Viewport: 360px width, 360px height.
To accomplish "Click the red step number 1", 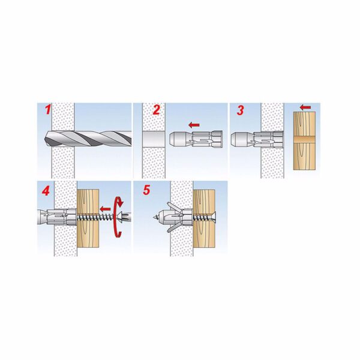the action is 48,110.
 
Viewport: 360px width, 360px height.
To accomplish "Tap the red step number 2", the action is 156,110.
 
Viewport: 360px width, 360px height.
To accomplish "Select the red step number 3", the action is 240,110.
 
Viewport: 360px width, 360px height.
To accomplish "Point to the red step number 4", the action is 46,191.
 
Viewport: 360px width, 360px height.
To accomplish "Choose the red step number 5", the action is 146,190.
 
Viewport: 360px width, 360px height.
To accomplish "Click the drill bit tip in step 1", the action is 44,139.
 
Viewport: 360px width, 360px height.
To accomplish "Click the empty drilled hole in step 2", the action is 154,139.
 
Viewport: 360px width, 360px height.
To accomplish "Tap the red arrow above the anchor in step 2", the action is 194,125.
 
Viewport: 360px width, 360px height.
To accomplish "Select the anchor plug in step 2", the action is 196,139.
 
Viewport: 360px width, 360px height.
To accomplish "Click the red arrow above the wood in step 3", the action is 305,107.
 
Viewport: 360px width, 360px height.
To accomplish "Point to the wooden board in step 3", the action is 304,141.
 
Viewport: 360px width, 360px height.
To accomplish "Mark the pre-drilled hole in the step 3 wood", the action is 304,139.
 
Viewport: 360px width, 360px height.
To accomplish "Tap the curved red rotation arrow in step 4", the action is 118,217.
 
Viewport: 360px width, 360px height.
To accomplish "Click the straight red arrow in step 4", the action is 106,209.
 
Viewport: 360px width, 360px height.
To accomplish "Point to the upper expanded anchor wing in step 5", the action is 175,208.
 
